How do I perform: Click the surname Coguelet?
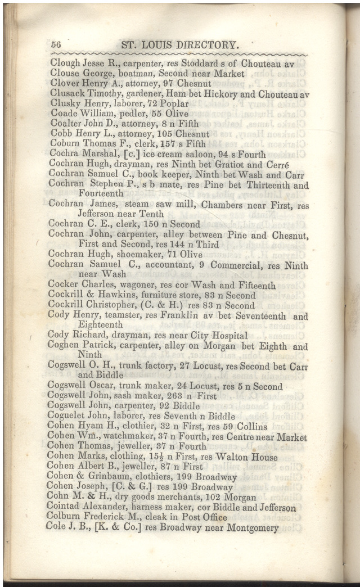68,417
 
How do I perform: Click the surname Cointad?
65,508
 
